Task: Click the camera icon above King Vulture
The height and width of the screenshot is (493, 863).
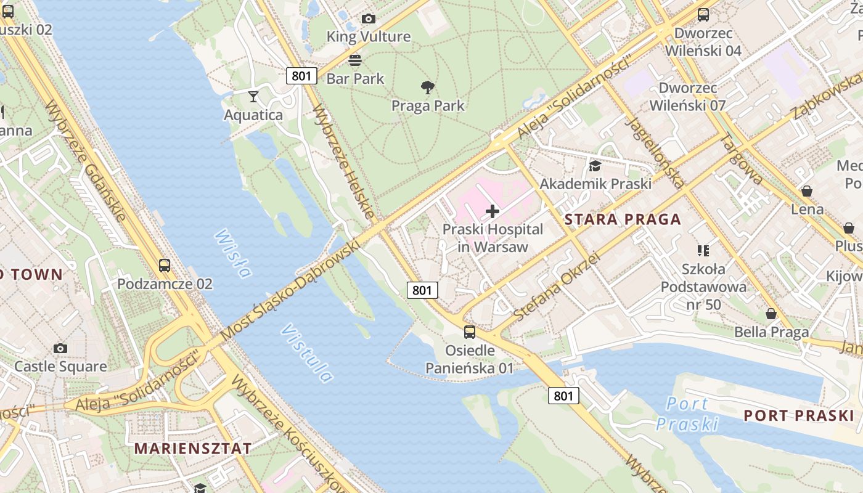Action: tap(368, 19)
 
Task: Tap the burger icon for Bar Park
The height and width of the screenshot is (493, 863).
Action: tap(355, 60)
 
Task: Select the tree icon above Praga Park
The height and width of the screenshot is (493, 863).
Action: tap(427, 87)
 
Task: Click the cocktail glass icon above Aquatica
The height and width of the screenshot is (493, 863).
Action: tap(253, 96)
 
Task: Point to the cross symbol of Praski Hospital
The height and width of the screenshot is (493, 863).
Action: tap(493, 212)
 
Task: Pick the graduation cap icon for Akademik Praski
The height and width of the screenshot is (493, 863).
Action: tap(595, 166)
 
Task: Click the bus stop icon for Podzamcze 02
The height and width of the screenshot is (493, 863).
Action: tap(165, 266)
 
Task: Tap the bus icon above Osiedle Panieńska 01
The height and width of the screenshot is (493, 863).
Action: tap(470, 332)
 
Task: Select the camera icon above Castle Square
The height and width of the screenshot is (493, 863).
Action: tap(60, 348)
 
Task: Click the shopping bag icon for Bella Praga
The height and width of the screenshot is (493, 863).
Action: tap(771, 314)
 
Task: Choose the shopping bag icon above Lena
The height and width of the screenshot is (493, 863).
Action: tap(806, 191)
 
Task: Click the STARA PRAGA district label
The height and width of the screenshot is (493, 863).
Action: tap(623, 219)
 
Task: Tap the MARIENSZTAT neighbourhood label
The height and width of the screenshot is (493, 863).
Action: tap(193, 448)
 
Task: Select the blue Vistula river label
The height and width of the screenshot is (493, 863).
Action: tap(307, 353)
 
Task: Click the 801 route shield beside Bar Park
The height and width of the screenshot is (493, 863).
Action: tap(301, 76)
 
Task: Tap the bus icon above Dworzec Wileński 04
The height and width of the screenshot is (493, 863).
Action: tap(703, 15)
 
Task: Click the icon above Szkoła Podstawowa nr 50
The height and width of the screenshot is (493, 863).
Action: tap(703, 250)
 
